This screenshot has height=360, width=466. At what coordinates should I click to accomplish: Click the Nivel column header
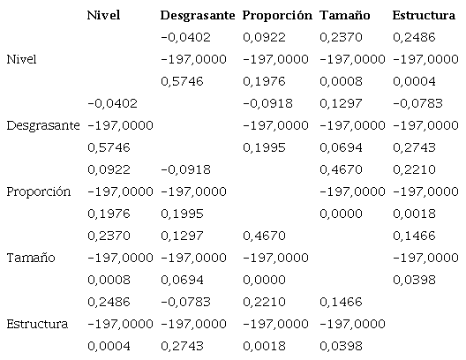[104, 16]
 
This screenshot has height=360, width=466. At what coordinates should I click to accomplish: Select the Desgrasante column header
[197, 16]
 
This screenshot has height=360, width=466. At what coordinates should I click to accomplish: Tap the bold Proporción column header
[277, 16]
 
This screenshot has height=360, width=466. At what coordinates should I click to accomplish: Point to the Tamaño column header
[344, 16]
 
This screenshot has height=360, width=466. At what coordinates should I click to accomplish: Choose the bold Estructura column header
[425, 16]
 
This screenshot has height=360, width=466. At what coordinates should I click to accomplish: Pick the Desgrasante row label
[41, 125]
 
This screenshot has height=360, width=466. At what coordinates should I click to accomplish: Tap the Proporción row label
[38, 191]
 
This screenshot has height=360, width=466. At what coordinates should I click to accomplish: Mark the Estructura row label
[37, 324]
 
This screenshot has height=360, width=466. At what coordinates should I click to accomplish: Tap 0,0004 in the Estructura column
[415, 81]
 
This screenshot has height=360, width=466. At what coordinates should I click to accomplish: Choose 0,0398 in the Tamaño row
[415, 280]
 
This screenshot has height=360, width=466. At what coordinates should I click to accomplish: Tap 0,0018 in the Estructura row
[263, 346]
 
